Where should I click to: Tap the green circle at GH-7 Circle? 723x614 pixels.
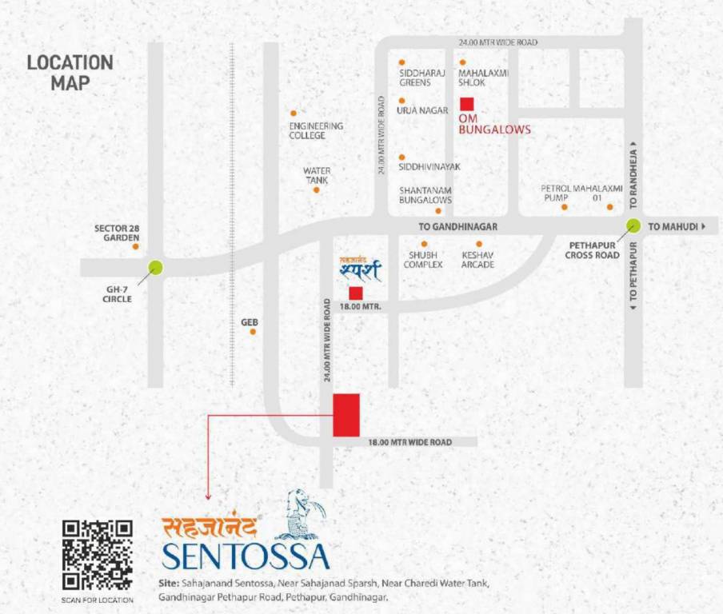tap(155, 268)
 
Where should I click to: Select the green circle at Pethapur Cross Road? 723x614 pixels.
tap(633, 226)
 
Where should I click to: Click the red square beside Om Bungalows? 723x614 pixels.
tap(466, 103)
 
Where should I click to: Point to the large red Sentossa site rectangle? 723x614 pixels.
tap(346, 415)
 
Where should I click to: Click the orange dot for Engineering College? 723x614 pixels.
tap(294, 114)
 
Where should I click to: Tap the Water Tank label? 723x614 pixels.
tap(317, 175)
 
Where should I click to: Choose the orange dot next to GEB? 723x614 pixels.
tap(253, 331)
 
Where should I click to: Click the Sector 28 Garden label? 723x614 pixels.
tap(117, 233)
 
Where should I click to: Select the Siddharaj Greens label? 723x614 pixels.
tap(420, 78)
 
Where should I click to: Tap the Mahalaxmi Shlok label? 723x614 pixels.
tap(483, 78)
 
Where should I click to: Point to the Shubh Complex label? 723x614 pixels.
tap(423, 259)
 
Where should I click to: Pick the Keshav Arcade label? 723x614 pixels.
tap(478, 259)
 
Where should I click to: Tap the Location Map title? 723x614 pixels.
tap(70, 72)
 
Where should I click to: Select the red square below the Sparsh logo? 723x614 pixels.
tap(356, 293)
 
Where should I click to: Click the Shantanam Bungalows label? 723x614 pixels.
tap(425, 195)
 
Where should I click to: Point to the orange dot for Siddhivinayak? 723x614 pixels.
tap(401, 157)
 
